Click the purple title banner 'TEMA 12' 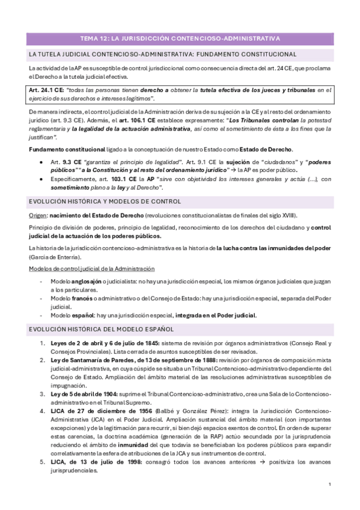180,39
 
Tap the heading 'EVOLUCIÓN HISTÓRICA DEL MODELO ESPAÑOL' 100,329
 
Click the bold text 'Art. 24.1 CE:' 48,90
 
